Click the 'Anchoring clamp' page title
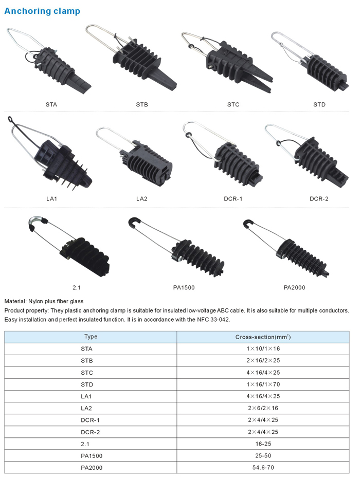point(42,11)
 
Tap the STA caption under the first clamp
point(51,104)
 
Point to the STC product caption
point(233,104)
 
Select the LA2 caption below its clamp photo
point(142,199)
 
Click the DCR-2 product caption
point(319,199)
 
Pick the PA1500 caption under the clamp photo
point(184,287)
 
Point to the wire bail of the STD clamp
point(290,45)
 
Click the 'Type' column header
point(91,337)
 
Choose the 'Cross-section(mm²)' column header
point(263,337)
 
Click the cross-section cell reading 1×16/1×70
point(263,384)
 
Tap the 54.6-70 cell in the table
point(263,467)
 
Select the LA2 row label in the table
point(86,408)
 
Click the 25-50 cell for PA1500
point(263,455)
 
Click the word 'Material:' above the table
point(15,301)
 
